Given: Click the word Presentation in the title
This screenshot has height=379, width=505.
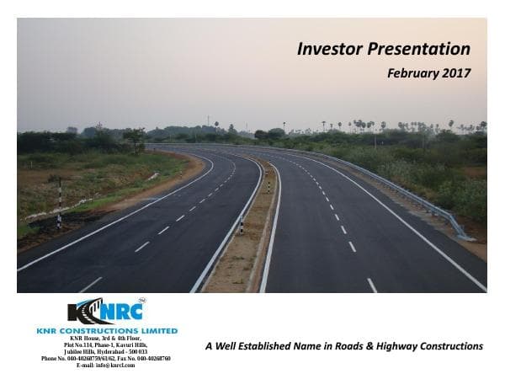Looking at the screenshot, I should click(417, 49).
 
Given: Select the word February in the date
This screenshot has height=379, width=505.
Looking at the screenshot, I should click(412, 73).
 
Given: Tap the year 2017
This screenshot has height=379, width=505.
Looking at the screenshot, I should click(458, 73).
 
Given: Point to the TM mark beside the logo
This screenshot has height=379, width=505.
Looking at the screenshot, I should click(141, 301).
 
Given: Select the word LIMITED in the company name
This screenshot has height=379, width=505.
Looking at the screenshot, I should click(158, 331).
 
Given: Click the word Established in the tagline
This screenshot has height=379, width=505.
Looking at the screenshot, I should click(268, 347).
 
